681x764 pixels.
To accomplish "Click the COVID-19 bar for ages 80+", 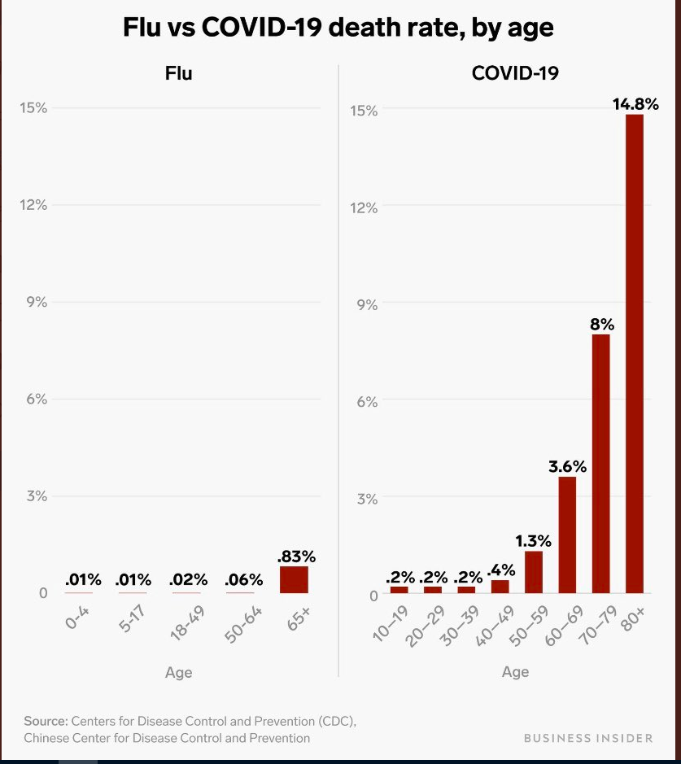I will tap(634, 354).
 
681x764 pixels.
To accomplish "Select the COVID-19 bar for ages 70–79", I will tap(600, 464).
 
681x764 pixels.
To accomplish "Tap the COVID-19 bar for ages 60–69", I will tap(567, 535).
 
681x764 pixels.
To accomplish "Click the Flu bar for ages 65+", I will tap(295, 579).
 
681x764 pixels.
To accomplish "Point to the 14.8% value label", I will tap(635, 103).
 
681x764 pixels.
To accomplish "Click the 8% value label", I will tap(601, 324).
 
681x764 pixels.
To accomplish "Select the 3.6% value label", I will tap(567, 466).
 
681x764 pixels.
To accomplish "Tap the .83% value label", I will tap(295, 557).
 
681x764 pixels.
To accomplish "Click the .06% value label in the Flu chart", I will tap(244, 580).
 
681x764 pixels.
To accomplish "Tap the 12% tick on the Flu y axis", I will tap(33, 205).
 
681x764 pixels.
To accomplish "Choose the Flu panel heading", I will tap(178, 73).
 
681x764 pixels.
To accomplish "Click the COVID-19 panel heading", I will tap(515, 73).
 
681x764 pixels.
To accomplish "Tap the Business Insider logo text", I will tap(587, 738).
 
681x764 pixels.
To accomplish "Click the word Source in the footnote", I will tap(46, 721).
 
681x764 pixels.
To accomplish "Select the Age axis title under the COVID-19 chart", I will tap(515, 671).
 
